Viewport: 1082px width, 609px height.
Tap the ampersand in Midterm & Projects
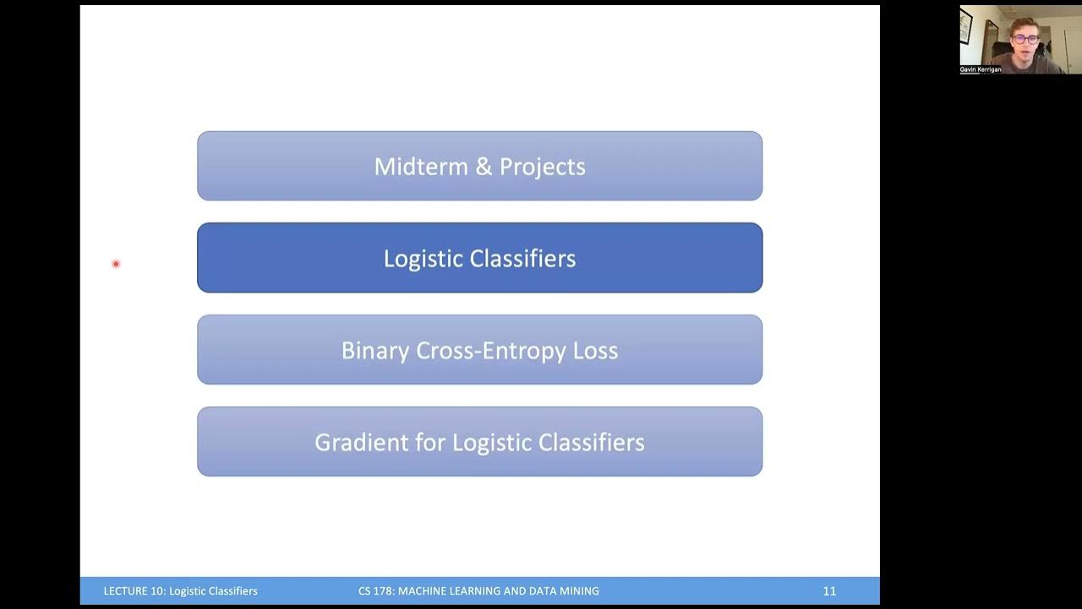[484, 167]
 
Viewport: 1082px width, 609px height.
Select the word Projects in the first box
[542, 167]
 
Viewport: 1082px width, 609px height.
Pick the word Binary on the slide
[374, 350]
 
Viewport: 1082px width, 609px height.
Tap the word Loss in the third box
[596, 350]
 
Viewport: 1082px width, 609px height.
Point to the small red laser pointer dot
[116, 264]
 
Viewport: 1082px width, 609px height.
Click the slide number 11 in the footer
[829, 591]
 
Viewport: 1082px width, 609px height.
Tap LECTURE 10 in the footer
[134, 591]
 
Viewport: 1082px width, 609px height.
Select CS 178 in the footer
[375, 591]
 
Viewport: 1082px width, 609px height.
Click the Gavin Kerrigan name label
[981, 69]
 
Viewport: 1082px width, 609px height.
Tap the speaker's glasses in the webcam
[1025, 40]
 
